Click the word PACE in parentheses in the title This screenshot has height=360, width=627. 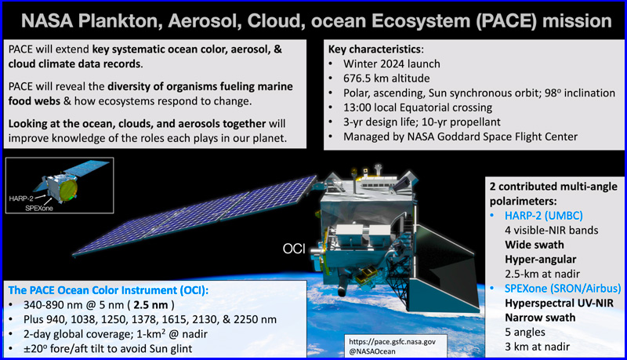(x=506, y=21)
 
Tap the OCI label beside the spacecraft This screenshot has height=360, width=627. (x=294, y=249)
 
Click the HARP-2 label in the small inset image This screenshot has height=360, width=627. (x=21, y=198)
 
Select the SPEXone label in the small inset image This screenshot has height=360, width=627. (x=38, y=208)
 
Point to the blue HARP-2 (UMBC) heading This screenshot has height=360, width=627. (x=543, y=216)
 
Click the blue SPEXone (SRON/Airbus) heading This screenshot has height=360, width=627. (x=563, y=289)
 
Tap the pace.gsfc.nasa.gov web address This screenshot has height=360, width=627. (x=392, y=342)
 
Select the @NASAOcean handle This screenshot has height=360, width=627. (x=371, y=351)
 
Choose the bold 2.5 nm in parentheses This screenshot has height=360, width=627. (x=150, y=305)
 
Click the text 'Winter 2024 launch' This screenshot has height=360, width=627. (x=391, y=64)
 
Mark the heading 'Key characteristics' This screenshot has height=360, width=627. (x=375, y=49)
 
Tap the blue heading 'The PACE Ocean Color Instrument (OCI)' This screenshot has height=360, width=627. (x=108, y=290)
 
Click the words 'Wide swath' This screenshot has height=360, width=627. (x=535, y=245)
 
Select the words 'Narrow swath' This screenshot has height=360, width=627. (x=540, y=318)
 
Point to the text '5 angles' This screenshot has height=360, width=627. (x=525, y=333)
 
